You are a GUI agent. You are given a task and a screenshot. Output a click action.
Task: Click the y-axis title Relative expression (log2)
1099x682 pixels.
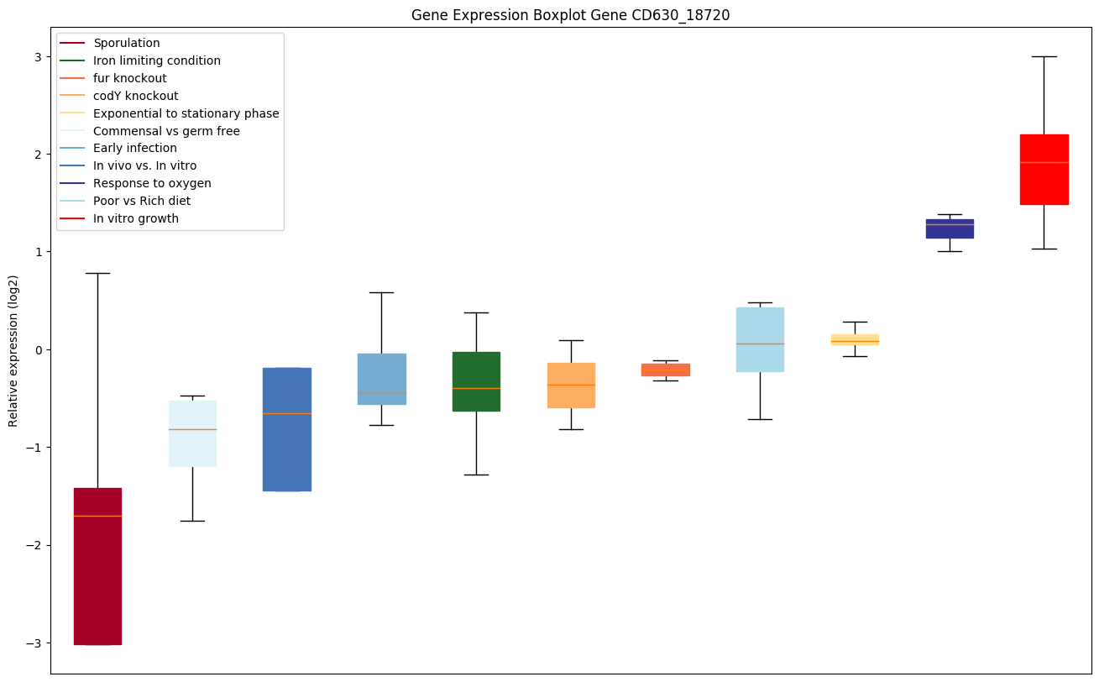pyautogui.click(x=13, y=349)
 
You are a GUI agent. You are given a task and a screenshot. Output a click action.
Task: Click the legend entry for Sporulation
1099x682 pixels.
pyautogui.click(x=127, y=43)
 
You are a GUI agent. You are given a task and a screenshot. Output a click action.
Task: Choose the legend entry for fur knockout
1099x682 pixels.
pyautogui.click(x=130, y=78)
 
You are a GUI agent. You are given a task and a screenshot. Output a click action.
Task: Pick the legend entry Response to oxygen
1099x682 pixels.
pyautogui.click(x=152, y=183)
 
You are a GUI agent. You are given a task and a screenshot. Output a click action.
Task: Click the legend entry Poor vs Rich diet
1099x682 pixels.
pyautogui.click(x=142, y=201)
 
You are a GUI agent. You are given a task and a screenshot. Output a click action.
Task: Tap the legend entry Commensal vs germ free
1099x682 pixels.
pyautogui.click(x=166, y=131)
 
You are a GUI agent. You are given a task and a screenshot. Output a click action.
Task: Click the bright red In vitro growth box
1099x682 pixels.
pyautogui.click(x=1044, y=169)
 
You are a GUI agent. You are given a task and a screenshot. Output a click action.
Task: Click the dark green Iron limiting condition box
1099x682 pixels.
pyautogui.click(x=476, y=381)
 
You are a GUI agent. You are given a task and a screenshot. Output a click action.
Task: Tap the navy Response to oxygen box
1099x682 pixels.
pyautogui.click(x=950, y=228)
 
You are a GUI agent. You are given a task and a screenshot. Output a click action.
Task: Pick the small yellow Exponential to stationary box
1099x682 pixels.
pyautogui.click(x=855, y=339)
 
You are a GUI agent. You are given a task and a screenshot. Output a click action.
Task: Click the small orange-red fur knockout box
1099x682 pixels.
pyautogui.click(x=666, y=370)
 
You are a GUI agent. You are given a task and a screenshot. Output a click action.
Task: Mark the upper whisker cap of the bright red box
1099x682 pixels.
pyautogui.click(x=1044, y=56)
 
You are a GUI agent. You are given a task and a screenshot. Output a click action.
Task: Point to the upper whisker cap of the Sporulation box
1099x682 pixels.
pyautogui.click(x=97, y=273)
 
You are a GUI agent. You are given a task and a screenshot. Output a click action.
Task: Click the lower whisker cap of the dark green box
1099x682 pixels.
pyautogui.click(x=476, y=475)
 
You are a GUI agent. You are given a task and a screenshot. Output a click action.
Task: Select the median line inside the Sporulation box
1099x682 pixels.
pyautogui.click(x=97, y=516)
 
